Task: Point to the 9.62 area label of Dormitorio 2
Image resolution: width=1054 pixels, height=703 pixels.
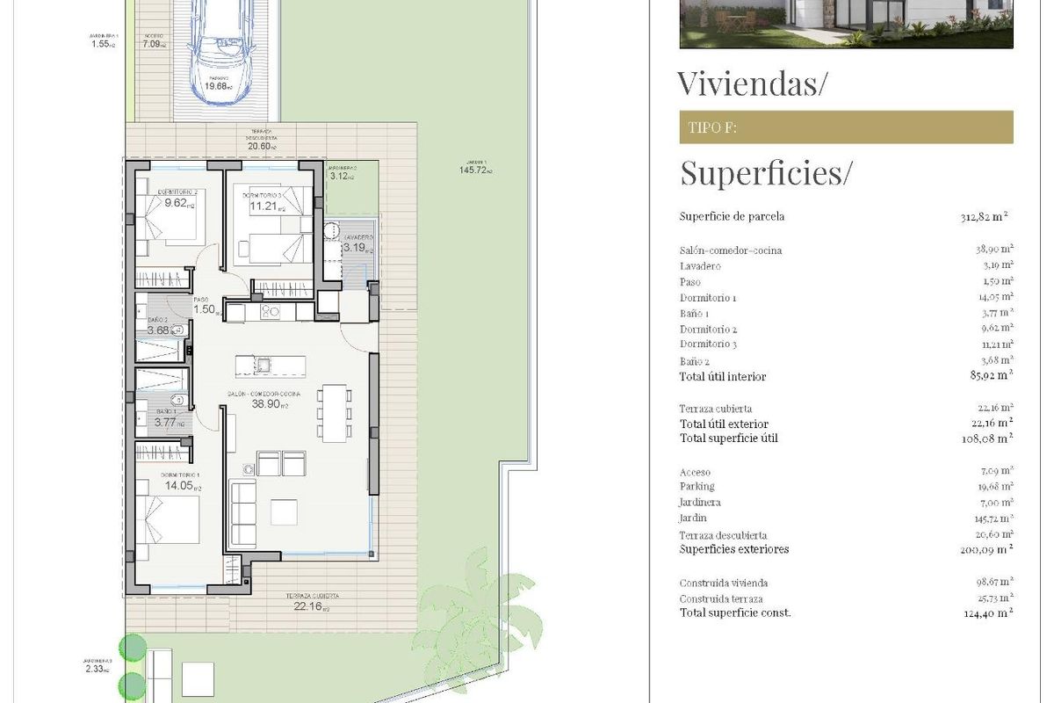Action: point(178,203)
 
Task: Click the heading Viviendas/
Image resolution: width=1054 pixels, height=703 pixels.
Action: point(753,83)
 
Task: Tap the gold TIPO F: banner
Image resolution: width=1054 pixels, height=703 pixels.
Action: point(846,127)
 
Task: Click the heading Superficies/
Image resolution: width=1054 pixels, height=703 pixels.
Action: point(765,173)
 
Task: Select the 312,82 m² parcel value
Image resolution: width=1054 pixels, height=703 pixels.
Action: point(983,217)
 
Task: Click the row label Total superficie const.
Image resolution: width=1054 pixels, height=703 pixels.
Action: point(734,612)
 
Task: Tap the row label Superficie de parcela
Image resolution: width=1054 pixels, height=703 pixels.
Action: point(732,217)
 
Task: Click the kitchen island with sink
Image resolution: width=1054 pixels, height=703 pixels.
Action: point(270,365)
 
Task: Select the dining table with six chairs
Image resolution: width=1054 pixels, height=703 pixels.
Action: point(333,413)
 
